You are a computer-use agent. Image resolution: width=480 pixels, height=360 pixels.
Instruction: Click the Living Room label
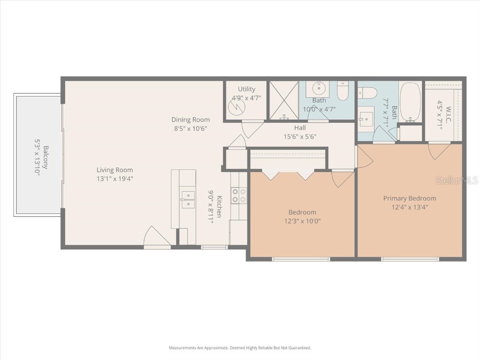(115, 170)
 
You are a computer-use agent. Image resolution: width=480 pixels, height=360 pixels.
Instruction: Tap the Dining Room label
(190, 120)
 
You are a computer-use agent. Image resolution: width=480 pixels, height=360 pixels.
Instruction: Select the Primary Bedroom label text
(409, 198)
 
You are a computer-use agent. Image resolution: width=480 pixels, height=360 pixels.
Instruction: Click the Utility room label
(247, 89)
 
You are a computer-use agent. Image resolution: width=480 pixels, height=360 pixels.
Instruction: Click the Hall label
(300, 127)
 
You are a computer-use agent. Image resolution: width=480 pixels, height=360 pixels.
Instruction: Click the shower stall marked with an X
(284, 101)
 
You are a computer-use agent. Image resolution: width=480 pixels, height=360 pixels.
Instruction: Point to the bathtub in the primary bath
(411, 102)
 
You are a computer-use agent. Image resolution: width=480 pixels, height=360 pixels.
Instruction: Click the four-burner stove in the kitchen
(239, 195)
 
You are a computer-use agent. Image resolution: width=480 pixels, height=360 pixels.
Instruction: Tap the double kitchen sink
(188, 199)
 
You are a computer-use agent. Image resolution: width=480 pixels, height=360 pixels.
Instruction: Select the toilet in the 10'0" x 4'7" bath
(343, 91)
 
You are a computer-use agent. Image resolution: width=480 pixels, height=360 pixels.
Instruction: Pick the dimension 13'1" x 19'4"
(115, 179)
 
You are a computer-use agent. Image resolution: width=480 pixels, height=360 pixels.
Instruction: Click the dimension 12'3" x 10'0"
(302, 221)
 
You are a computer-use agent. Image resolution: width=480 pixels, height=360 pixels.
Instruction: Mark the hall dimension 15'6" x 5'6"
(300, 136)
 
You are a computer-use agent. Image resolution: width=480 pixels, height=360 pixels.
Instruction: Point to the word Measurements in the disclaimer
(183, 348)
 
